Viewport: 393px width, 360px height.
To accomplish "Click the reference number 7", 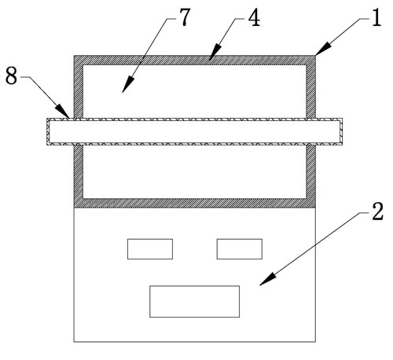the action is [185, 17].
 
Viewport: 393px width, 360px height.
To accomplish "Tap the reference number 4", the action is [254, 18].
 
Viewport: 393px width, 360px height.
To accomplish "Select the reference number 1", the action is [376, 17].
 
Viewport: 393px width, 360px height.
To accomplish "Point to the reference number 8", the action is [12, 75].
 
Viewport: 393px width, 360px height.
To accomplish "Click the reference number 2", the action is [377, 211].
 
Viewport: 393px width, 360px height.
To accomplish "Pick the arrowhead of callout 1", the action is [323, 49].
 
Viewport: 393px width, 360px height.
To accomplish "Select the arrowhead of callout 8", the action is [63, 111].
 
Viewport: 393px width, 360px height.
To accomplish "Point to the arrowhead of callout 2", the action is [267, 279].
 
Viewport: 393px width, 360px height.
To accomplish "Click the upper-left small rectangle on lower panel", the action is [150, 249].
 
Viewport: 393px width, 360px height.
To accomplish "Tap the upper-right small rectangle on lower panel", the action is [240, 249].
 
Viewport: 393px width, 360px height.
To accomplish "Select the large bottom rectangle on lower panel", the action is [194, 301].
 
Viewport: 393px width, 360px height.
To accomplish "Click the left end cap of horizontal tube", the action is [49, 131].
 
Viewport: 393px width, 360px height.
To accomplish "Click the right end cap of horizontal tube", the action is [340, 131].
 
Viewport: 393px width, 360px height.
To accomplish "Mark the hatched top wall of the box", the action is [194, 60].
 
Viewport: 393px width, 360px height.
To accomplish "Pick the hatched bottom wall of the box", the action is [194, 203].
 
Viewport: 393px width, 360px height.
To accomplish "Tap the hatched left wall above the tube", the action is [79, 86].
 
